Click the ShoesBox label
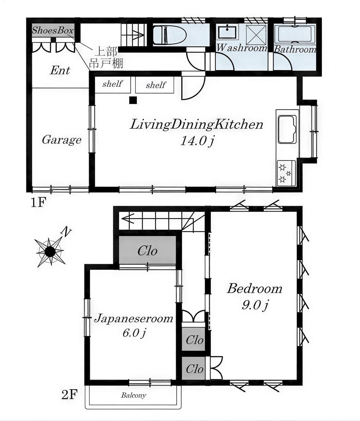(53, 30)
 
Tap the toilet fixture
(169, 35)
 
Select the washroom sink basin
(227, 32)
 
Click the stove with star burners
(286, 173)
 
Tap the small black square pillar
(133, 100)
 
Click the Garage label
(62, 140)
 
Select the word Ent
(60, 71)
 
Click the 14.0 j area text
(197, 141)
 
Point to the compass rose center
(50, 252)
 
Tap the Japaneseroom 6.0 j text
(133, 325)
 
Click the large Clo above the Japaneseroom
(147, 251)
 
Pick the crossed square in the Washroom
(256, 35)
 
